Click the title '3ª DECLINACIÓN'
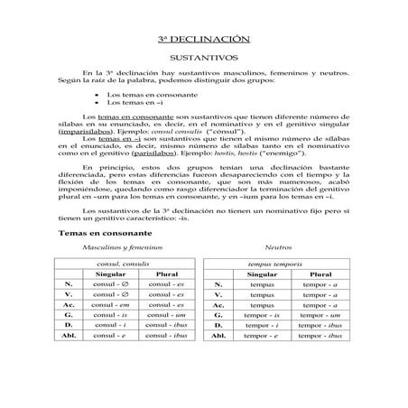point(203,40)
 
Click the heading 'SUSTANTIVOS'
point(203,57)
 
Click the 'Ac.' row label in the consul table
point(70,304)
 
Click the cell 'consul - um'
point(167,315)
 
